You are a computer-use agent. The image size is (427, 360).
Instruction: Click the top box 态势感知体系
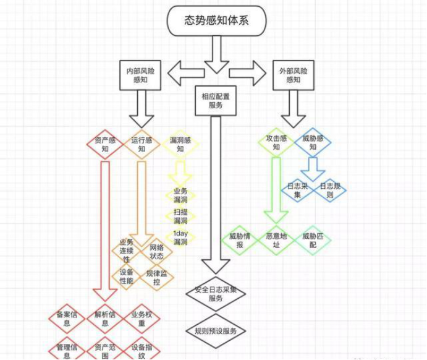click(x=217, y=20)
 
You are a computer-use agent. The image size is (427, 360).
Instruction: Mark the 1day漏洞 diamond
click(x=180, y=238)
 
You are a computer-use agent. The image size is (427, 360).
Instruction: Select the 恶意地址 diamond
click(x=276, y=241)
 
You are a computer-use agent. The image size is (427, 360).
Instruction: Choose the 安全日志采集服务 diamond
click(x=216, y=294)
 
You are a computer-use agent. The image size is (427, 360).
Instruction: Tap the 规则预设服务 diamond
click(x=216, y=330)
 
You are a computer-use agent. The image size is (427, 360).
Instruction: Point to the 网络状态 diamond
click(x=157, y=252)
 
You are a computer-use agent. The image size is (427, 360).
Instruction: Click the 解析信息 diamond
click(x=105, y=318)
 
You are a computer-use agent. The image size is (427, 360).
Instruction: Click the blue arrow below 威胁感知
click(x=313, y=166)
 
